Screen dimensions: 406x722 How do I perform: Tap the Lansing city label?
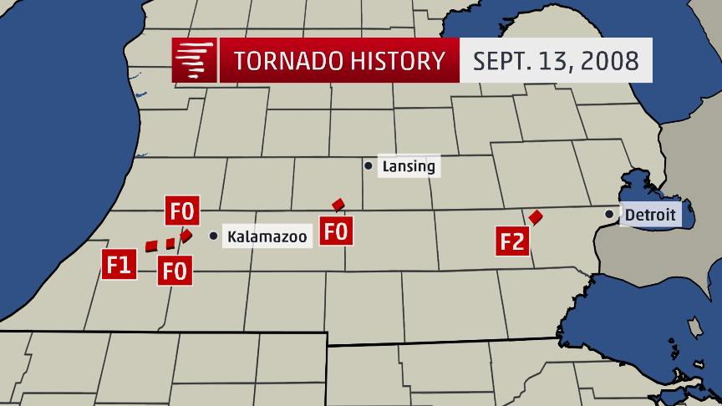408,166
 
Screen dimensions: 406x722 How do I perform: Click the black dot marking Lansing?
368,165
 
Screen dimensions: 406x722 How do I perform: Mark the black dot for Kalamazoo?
213,236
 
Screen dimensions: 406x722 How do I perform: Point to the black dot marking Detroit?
609,215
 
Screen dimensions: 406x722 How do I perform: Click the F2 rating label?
512,242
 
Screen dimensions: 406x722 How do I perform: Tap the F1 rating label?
118,265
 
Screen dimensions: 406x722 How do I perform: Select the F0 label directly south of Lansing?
336,230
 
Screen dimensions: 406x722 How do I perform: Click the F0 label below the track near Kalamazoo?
174,270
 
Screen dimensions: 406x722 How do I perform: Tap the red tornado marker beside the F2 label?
536,216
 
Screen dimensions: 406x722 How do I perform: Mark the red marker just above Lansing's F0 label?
338,205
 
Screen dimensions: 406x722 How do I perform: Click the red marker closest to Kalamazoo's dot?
186,236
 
